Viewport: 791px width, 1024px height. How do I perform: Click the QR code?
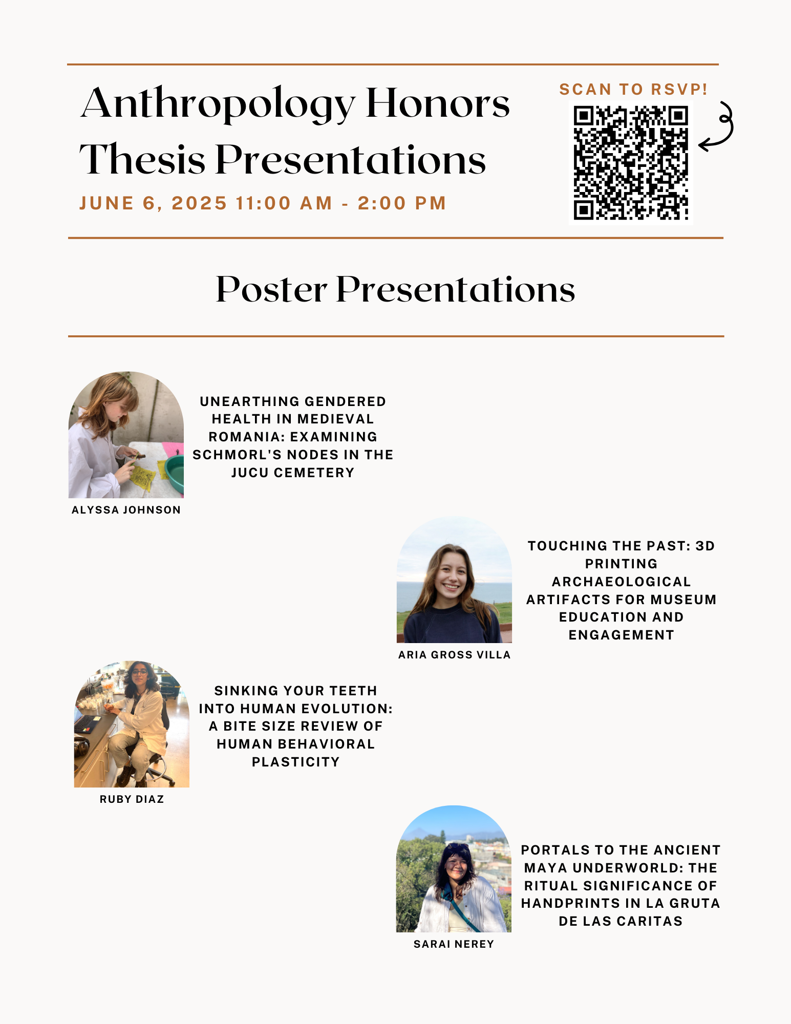coord(631,163)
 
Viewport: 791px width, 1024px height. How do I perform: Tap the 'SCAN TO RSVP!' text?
coord(633,90)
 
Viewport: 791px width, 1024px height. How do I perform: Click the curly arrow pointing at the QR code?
coord(717,127)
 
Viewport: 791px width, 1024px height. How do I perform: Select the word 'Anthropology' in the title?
coord(218,105)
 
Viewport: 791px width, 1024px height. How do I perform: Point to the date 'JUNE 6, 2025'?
coord(153,203)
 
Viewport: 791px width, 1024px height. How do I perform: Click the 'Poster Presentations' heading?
coord(395,289)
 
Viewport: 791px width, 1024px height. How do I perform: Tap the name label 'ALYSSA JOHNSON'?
coord(126,510)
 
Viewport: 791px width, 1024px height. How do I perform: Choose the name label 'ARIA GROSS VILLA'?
coord(455,655)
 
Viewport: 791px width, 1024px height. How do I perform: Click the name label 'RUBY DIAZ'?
coord(132,799)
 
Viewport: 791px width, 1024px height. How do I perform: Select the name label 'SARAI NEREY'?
coord(454,944)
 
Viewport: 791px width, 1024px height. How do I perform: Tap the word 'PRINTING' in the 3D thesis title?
coord(622,564)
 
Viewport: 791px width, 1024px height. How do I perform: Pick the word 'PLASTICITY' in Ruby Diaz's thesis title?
coord(296,762)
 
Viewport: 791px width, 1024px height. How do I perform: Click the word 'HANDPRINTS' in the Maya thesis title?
coord(564,903)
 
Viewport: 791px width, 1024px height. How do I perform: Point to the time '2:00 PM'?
coord(402,203)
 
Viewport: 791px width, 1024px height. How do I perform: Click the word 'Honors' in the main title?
coord(438,104)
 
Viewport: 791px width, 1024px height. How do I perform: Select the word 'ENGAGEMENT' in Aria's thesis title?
coord(622,635)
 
